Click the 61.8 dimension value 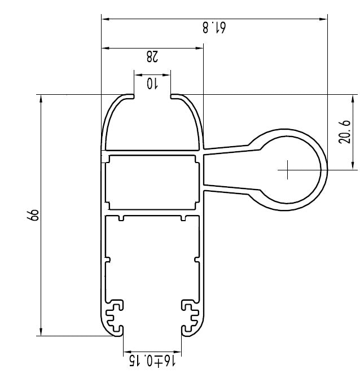click(x=215, y=27)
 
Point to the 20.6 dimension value click(x=345, y=131)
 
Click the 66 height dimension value click(x=33, y=215)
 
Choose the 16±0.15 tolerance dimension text click(x=152, y=359)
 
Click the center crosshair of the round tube click(x=287, y=169)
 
